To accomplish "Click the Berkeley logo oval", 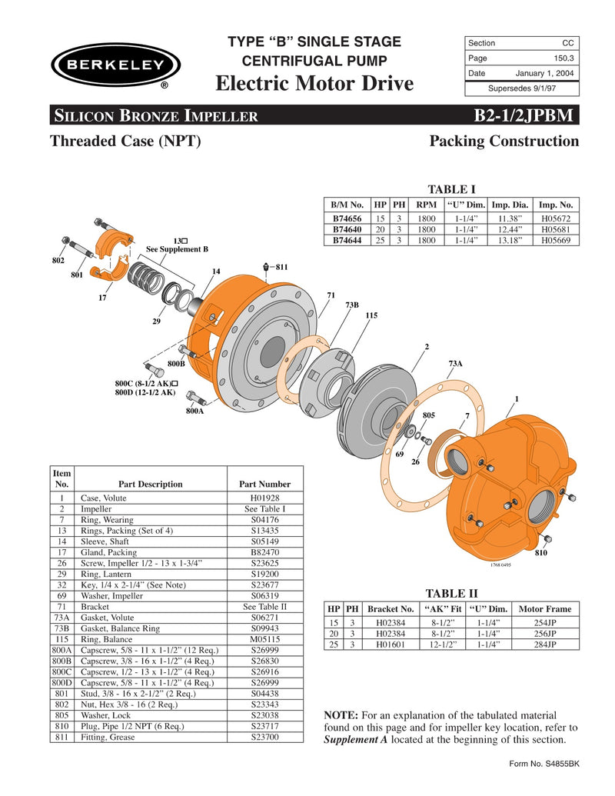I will pyautogui.click(x=115, y=65).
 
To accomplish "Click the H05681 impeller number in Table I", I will pyautogui.click(x=557, y=229).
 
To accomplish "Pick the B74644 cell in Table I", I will pyautogui.click(x=347, y=240).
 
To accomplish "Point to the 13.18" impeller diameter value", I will pyautogui.click(x=510, y=240).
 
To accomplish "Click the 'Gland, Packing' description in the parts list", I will pyautogui.click(x=109, y=552).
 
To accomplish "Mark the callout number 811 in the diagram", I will pyautogui.click(x=281, y=267).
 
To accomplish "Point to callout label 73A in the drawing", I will pyautogui.click(x=455, y=363).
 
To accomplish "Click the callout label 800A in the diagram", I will pyautogui.click(x=194, y=411).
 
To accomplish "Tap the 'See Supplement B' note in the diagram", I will pyautogui.click(x=177, y=249).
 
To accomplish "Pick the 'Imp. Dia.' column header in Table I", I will pyautogui.click(x=510, y=205).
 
